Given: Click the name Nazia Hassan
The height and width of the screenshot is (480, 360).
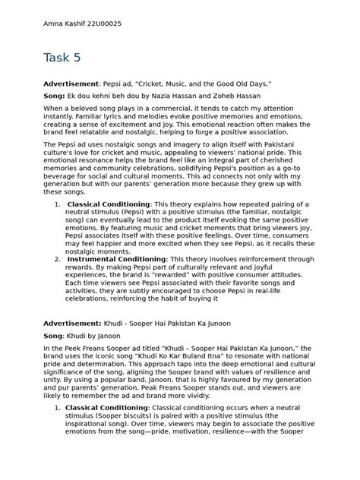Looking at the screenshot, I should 175,96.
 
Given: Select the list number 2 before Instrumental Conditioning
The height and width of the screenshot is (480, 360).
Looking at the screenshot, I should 58,259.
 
